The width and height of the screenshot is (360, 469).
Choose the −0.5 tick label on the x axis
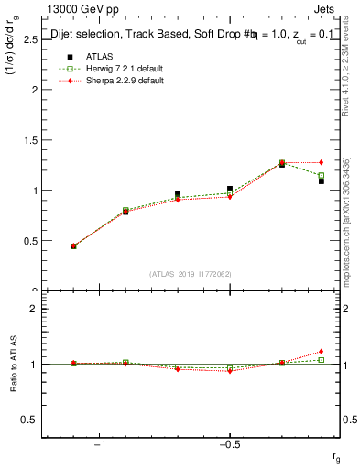[x=229, y=445]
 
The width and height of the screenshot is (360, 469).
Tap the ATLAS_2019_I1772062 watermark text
[x=190, y=274]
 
